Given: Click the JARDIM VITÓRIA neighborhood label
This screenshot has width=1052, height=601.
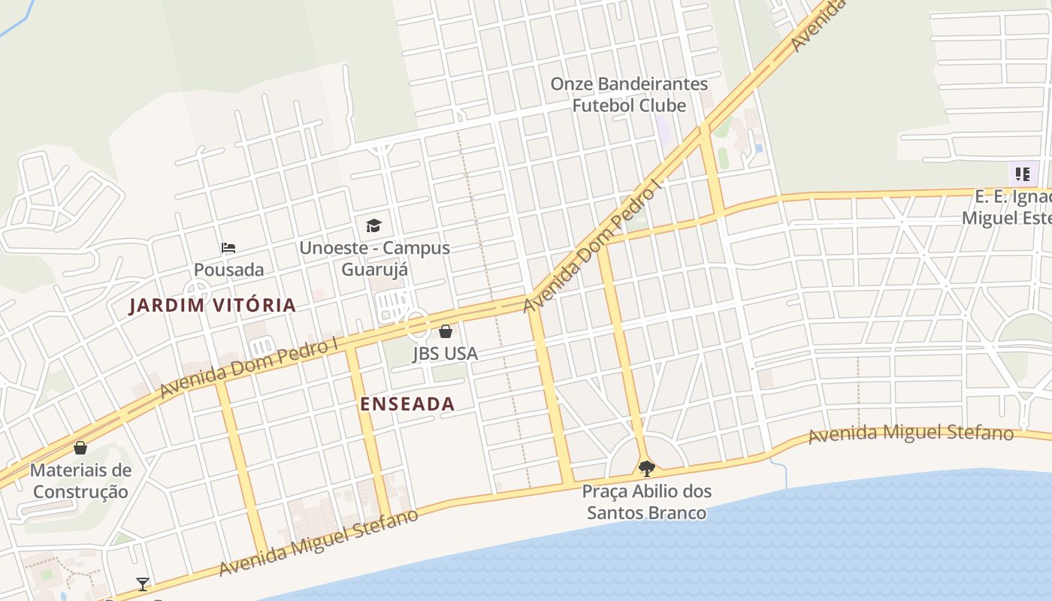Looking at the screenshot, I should click(213, 306).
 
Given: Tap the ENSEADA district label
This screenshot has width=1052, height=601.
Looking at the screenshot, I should click(407, 404).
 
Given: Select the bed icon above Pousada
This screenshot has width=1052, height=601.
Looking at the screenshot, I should click(228, 248).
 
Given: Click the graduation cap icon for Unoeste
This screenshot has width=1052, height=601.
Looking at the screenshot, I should click(373, 225).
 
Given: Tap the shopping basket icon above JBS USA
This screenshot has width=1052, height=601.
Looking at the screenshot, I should click(446, 331).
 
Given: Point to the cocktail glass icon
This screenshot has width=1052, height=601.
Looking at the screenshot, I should click(142, 584).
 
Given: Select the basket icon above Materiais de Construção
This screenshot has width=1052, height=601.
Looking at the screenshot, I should click(80, 448).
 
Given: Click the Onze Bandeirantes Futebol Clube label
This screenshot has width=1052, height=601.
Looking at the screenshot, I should click(629, 95).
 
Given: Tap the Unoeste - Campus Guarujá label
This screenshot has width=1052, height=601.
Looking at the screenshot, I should click(374, 258).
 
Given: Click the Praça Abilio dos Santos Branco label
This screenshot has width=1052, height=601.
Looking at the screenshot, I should click(646, 503).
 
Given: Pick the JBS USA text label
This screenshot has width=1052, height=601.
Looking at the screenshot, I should click(445, 353).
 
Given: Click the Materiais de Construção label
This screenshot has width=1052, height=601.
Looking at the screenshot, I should click(80, 482).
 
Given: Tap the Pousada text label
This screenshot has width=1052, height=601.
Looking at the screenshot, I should click(228, 270).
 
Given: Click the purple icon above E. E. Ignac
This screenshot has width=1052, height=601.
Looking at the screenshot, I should click(1022, 174).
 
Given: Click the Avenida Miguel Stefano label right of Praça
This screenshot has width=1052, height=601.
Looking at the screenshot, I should click(911, 433).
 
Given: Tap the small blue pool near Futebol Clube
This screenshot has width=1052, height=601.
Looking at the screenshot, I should click(758, 148).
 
